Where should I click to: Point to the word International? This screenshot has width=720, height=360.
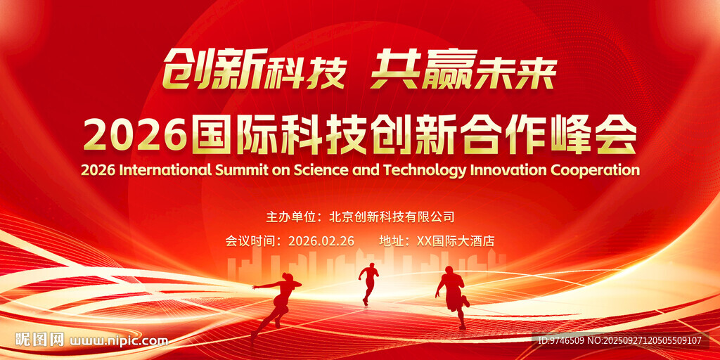165,170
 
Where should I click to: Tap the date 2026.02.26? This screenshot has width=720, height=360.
321,241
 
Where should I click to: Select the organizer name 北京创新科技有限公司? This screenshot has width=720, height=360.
392,217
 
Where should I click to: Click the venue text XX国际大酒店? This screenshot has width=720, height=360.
455,241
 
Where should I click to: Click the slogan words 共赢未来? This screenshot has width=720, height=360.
464,73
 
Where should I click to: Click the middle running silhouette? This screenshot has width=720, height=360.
368,284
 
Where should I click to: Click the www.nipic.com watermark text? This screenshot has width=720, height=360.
118,342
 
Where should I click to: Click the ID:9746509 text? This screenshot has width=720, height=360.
560,341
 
